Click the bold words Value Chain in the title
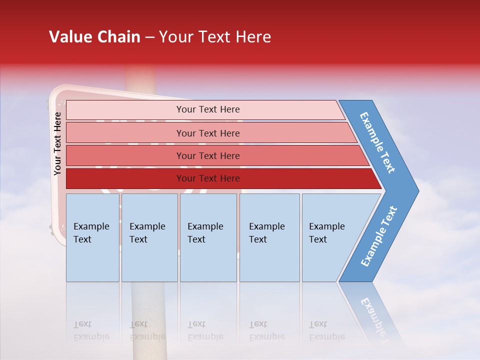(94, 37)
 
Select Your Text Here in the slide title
(215, 37)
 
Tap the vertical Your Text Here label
(57, 143)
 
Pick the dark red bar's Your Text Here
(208, 178)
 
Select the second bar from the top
(208, 133)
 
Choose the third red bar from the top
(208, 156)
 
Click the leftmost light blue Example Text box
(92, 237)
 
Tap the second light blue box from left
(149, 237)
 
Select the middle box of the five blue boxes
(208, 237)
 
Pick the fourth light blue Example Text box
(269, 237)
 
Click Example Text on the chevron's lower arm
(379, 236)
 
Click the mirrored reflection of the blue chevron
(372, 315)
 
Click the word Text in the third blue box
(196, 239)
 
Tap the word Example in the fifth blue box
(327, 226)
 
